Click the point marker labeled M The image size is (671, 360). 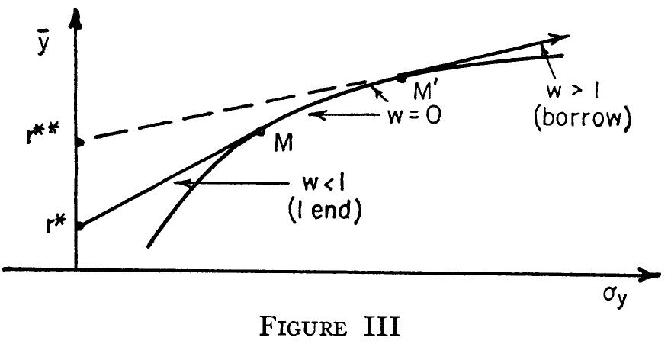tap(259, 131)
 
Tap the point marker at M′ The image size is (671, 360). tap(400, 78)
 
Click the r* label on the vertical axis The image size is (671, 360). tap(56, 224)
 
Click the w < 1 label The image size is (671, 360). tap(323, 183)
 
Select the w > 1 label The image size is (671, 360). tap(572, 92)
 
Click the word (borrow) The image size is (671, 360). tap(583, 117)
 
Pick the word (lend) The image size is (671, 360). tap(325, 211)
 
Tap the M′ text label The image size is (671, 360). tap(424, 91)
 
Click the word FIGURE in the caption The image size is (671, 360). tap(303, 327)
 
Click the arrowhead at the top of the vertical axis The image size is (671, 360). tap(75, 18)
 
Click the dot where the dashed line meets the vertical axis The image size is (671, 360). tap(79, 143)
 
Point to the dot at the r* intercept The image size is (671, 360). tap(79, 226)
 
